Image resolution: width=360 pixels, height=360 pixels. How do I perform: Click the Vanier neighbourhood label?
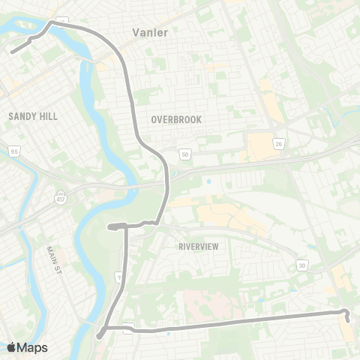pos(149,32)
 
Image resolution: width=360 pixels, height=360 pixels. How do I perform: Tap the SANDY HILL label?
pos(32,116)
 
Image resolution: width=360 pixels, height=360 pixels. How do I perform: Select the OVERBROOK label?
pos(177,119)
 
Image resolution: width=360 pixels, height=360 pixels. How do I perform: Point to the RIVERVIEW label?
pos(197,246)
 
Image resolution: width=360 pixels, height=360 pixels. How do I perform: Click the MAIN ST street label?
pos(52,260)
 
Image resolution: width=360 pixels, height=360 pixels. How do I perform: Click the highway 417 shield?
pos(59,197)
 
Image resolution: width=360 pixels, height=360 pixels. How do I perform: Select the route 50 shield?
pos(184,154)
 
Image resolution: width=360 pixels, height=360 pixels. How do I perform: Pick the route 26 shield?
pos(278,143)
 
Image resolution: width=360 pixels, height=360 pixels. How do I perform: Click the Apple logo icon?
pos(11,347)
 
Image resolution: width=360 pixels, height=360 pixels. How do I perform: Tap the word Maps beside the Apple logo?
pos(32,347)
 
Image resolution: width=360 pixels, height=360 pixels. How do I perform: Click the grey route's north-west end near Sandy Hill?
pos(12,52)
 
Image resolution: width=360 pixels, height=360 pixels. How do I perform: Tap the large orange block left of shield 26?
pos(259,147)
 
